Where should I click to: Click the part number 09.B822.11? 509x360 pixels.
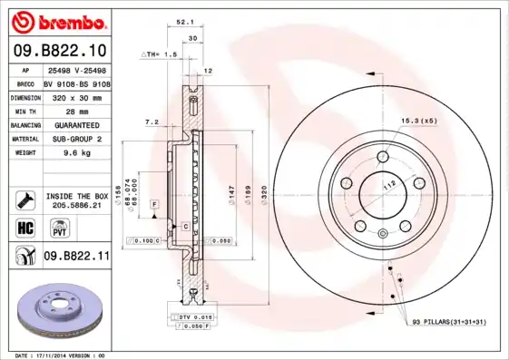[x=76, y=257]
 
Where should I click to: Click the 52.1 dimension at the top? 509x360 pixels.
[x=183, y=23]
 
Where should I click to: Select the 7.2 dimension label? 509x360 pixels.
[x=151, y=122]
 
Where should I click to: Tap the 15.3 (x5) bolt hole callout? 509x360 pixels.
[x=419, y=121]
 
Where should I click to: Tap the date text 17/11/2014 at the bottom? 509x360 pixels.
[x=60, y=355]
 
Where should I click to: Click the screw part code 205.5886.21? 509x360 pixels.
[x=77, y=205]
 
